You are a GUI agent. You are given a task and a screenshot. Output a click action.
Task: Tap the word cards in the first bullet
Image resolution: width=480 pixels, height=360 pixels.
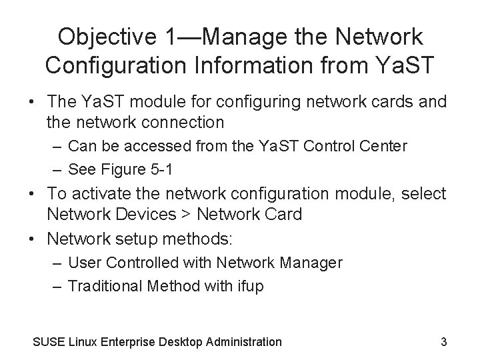coord(372,103)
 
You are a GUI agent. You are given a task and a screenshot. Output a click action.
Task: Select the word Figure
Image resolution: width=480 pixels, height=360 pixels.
coord(118,169)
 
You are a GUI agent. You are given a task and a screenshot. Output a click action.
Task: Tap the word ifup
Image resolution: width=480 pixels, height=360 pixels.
coord(250,286)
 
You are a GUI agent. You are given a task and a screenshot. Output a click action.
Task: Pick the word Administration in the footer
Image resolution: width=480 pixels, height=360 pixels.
coord(244,342)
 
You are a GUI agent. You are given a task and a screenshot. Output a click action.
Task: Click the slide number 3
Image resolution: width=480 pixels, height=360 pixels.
coord(443,342)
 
